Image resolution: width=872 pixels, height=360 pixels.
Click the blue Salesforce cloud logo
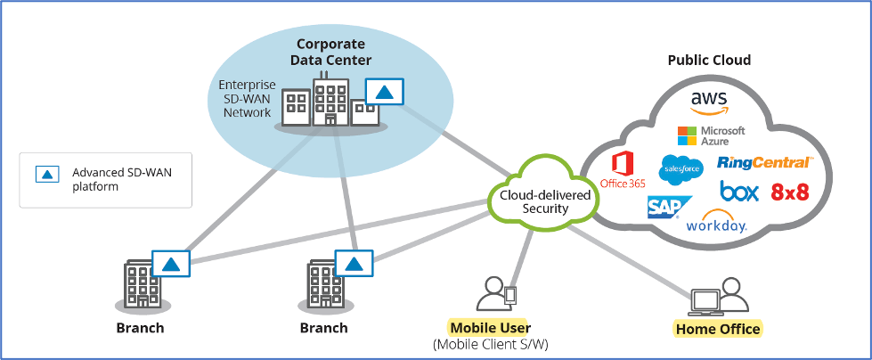(681, 168)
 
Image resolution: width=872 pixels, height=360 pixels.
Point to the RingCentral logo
(764, 163)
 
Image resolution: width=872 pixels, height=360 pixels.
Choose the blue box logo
(739, 192)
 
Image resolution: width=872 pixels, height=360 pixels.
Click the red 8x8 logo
(790, 192)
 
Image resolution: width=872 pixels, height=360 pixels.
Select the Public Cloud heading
(709, 61)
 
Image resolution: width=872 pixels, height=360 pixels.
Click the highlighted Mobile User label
(489, 327)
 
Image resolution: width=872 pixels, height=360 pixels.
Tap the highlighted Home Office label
(718, 329)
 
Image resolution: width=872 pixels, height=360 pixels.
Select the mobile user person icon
(492, 294)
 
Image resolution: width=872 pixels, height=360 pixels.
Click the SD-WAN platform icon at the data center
(384, 92)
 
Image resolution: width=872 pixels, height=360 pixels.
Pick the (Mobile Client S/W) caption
(490, 344)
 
